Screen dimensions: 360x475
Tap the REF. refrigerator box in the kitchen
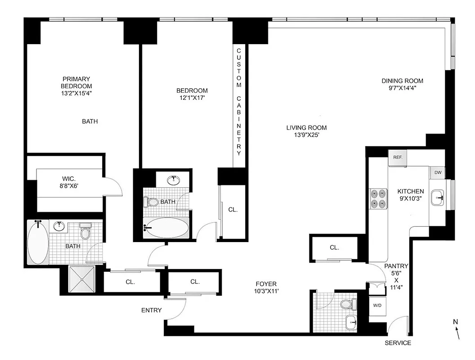coord(398,157)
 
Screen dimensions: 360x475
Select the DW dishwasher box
coord(437,173)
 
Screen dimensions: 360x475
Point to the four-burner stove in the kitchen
coord(378,198)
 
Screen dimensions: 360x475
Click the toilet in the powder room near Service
coord(348,304)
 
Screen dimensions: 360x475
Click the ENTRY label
coord(151,310)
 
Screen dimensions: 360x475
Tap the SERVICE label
coord(398,343)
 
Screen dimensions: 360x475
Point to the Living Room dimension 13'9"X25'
coord(306,135)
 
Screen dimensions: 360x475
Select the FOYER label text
coord(266,284)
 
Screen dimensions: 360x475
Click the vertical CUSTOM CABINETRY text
coord(239,102)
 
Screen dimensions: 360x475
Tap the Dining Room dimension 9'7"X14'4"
coord(402,89)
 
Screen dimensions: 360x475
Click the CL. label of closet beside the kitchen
coord(334,247)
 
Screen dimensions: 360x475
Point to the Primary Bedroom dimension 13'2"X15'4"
coord(76,93)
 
